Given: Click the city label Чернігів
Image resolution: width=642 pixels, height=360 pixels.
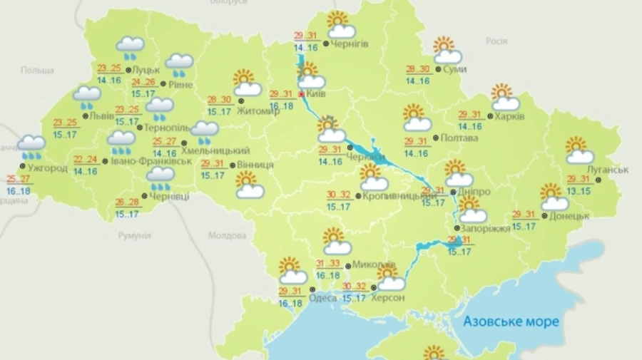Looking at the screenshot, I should pyautogui.click(x=349, y=44).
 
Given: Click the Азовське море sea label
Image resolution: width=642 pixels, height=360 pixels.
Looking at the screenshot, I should pyautogui.click(x=511, y=322).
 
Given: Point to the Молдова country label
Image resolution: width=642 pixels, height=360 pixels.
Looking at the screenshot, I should pyautogui.click(x=227, y=235).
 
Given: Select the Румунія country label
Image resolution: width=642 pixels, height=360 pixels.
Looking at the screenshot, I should pyautogui.click(x=135, y=235).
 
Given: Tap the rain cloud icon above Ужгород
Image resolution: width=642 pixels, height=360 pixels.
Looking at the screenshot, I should pyautogui.click(x=31, y=146).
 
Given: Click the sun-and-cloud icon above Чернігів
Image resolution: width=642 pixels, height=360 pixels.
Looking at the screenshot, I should pyautogui.click(x=340, y=25).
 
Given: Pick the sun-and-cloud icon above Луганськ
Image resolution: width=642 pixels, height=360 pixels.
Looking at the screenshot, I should pyautogui.click(x=579, y=150).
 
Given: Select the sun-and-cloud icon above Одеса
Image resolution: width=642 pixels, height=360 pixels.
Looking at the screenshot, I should pyautogui.click(x=292, y=271).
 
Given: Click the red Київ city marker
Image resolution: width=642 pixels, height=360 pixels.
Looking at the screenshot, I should pyautogui.click(x=301, y=93).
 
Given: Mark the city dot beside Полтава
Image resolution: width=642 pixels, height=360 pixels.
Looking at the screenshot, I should pyautogui.click(x=436, y=138).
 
